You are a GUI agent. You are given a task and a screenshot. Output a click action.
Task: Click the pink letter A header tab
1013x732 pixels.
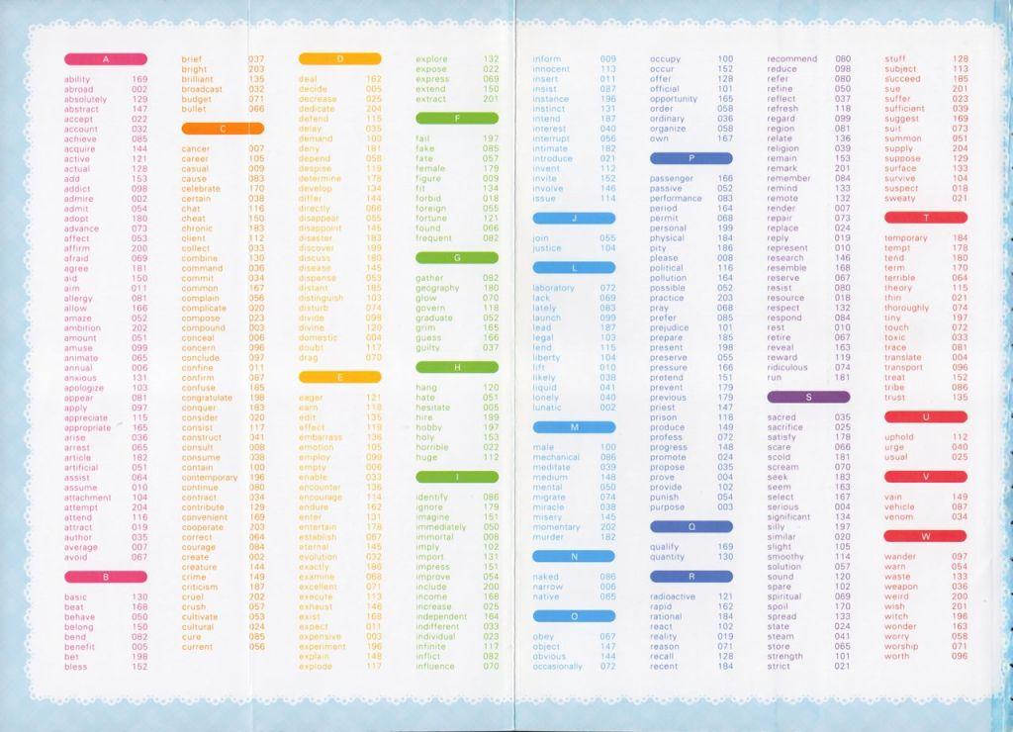[x=105, y=59]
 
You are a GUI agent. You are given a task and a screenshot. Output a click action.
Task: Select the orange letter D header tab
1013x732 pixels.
[x=339, y=59]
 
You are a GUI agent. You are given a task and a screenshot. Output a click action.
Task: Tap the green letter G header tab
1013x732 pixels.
[x=457, y=257]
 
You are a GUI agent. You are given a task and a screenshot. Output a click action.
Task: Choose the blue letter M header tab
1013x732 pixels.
[x=574, y=426]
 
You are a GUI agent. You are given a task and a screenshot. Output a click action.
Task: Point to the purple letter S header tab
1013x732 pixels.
[x=808, y=397]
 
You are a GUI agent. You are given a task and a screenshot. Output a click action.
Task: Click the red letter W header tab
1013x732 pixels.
[x=926, y=536]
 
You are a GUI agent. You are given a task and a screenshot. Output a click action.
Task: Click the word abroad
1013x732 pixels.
[x=78, y=89]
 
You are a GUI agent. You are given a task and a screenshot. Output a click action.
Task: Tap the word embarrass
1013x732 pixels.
[x=321, y=436]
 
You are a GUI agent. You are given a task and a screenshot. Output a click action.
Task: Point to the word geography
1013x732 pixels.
[x=438, y=288]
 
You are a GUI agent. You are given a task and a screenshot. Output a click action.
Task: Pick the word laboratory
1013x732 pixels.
[x=553, y=288]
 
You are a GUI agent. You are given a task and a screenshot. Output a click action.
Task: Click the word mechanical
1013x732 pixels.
[x=556, y=457]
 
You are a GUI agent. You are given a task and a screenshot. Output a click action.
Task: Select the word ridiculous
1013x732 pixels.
[x=795, y=367]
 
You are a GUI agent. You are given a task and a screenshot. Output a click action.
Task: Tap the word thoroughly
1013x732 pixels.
[x=907, y=308]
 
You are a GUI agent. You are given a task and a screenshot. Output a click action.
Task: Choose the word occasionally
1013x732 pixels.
[x=558, y=666]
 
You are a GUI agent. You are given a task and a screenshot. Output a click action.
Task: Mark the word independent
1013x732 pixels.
[x=442, y=616]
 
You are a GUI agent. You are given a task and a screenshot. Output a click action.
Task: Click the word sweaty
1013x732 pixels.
[x=900, y=198]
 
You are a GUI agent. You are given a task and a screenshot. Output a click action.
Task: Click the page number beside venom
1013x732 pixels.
[x=960, y=516]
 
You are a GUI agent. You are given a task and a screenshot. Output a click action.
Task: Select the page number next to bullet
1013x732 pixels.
[x=256, y=109]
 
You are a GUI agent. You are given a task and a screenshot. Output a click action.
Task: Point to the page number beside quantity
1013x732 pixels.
[x=725, y=556]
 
